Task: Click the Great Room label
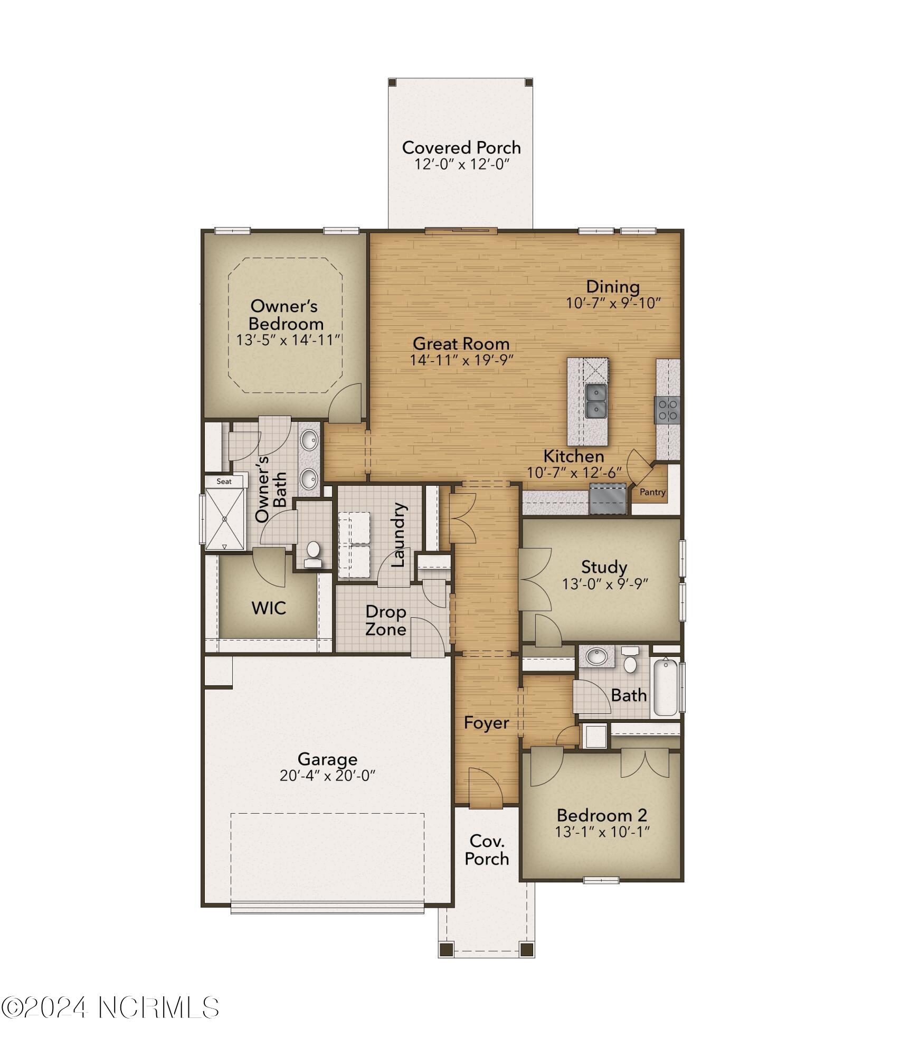pos(460,344)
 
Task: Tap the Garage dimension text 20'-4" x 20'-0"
pos(327,776)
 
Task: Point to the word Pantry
pos(652,492)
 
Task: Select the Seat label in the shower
pos(224,481)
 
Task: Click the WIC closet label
pos(269,608)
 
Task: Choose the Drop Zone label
pos(386,620)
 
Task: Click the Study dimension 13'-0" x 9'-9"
pos(604,583)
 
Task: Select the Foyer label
pos(486,723)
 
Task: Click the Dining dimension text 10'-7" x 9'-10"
pos(613,303)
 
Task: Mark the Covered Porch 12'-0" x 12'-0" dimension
pos(461,164)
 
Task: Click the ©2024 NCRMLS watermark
pos(110,1008)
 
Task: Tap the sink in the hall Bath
pos(597,657)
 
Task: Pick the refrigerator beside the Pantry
pos(608,499)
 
